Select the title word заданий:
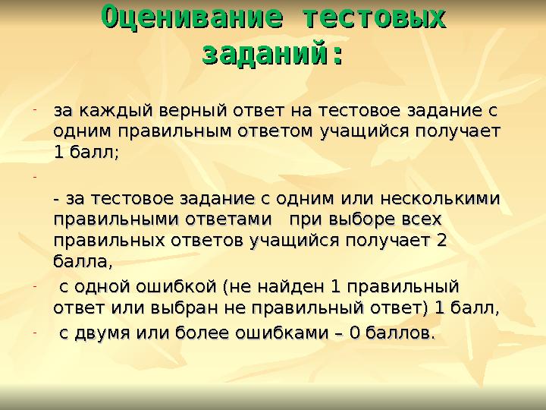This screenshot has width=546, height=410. tap(271, 55)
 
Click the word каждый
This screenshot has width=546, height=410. tap(116, 112)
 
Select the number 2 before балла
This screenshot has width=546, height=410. tap(442, 241)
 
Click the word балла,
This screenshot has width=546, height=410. tap(83, 261)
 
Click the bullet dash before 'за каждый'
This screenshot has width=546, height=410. tap(35, 111)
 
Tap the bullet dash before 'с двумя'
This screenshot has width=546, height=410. tap(35, 332)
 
